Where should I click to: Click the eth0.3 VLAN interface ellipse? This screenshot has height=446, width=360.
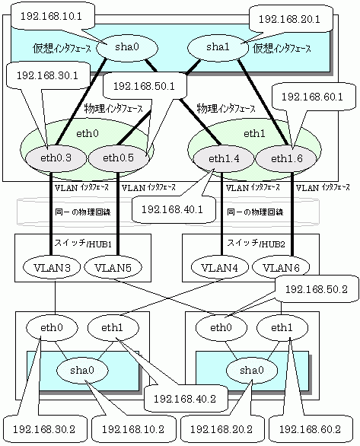[56, 158]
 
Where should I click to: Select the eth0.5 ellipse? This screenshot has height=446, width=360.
[119, 158]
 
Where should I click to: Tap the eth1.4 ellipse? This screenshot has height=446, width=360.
[224, 159]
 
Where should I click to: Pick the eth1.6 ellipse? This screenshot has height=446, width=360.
[286, 159]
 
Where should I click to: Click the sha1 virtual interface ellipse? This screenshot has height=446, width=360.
[218, 47]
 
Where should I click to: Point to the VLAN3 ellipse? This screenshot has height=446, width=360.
[52, 267]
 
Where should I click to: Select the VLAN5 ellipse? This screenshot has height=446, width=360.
[113, 267]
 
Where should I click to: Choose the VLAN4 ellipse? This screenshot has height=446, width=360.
[219, 267]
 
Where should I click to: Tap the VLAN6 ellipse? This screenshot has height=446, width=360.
[282, 267]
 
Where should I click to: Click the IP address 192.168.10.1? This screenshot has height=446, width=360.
[51, 17]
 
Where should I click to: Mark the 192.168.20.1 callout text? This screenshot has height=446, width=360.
[289, 19]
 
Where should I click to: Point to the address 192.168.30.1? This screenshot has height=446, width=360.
[47, 75]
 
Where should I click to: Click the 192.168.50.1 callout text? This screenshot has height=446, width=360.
[144, 86]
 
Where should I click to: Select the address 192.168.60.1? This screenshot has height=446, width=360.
[312, 97]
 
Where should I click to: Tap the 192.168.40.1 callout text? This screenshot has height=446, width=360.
[172, 209]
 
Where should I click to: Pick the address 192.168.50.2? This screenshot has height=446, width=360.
[316, 289]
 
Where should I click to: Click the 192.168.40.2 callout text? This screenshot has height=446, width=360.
[185, 399]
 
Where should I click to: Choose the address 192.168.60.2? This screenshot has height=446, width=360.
[310, 429]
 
